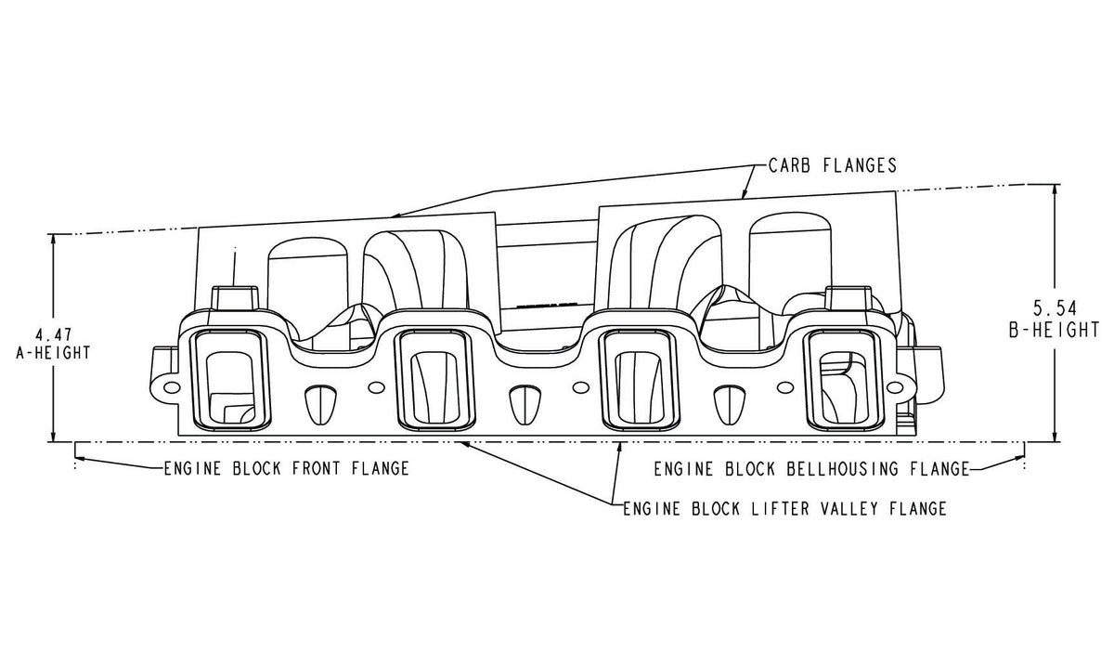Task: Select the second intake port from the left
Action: coord(434,382)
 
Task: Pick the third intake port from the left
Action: coord(640,382)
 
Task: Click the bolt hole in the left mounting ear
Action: coord(171,385)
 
